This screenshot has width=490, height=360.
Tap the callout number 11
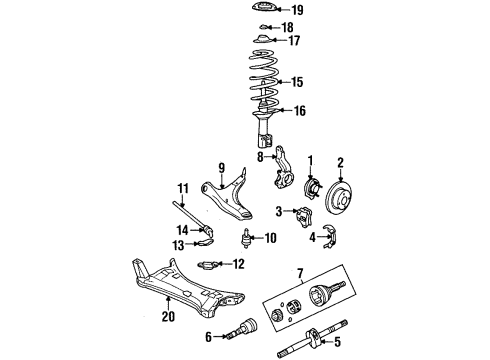184,188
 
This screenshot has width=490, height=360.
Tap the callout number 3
280,211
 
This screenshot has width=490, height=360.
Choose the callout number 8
258,156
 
